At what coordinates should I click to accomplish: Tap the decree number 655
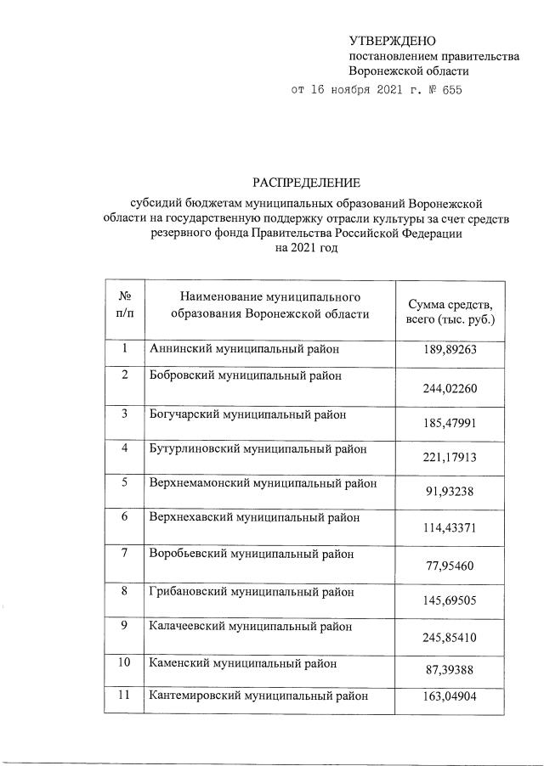click(x=450, y=91)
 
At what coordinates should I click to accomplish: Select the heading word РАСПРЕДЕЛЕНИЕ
click(x=305, y=183)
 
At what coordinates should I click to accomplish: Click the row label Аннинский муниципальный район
click(x=243, y=348)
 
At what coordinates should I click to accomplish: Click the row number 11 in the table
click(x=124, y=696)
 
